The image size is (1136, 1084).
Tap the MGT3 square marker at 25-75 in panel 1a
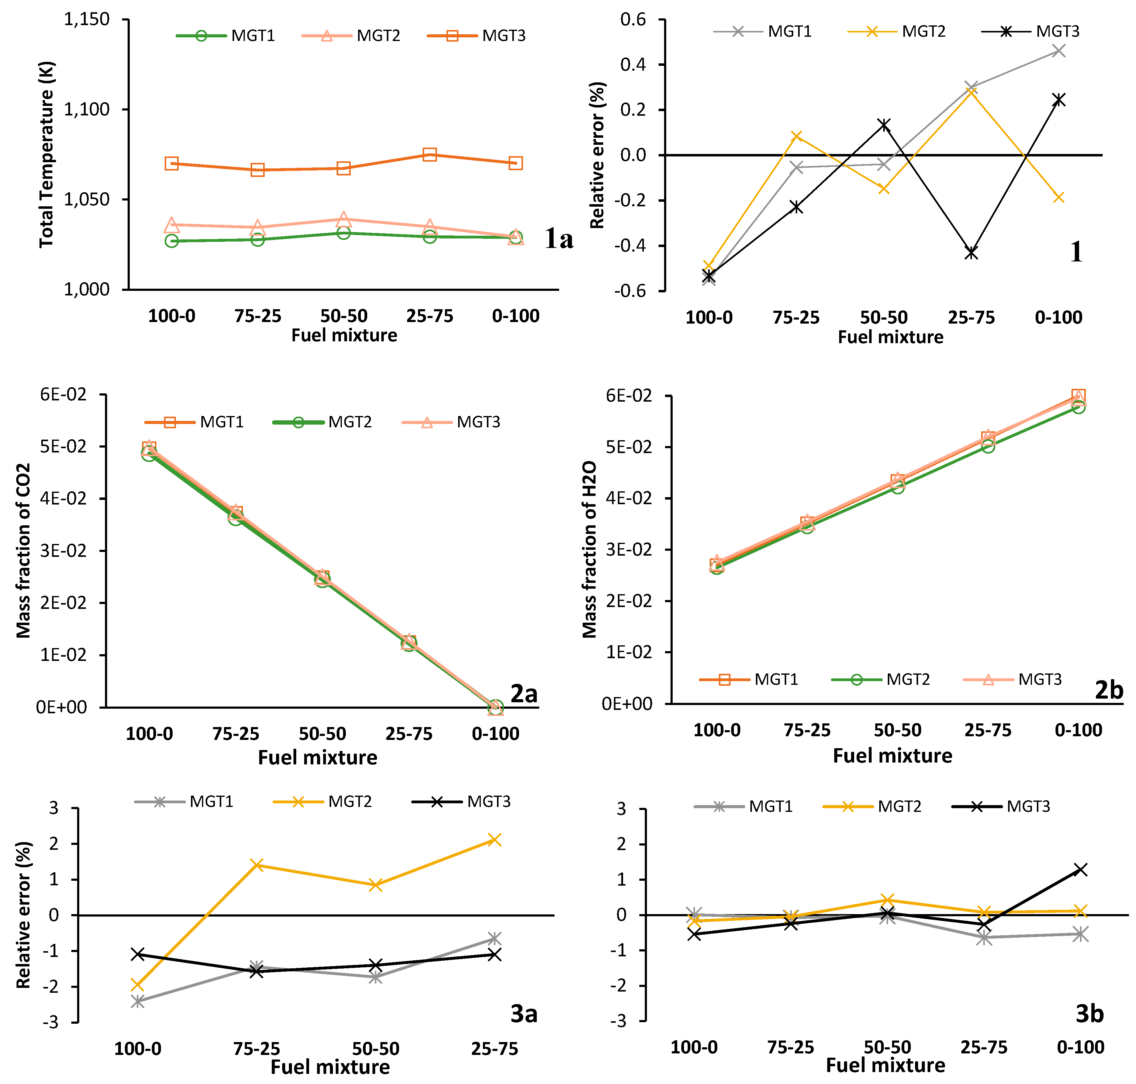click(429, 154)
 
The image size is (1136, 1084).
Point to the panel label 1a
click(559, 238)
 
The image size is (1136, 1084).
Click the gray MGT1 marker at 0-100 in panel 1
click(1059, 51)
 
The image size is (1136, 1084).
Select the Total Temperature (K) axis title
click(46, 154)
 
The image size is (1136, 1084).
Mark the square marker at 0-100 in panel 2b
click(1078, 396)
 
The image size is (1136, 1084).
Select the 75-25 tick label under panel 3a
click(256, 1049)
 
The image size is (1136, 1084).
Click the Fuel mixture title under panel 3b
click(885, 1065)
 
